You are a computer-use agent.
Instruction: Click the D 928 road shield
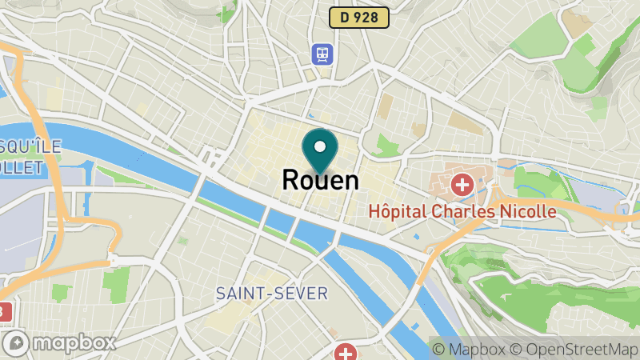358,17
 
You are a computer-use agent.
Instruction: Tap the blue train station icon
322,54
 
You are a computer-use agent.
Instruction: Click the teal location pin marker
320,151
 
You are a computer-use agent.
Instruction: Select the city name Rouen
320,180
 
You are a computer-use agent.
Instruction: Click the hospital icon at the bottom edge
346,353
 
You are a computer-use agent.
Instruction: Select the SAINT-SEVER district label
272,294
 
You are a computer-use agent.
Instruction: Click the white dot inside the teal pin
320,146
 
